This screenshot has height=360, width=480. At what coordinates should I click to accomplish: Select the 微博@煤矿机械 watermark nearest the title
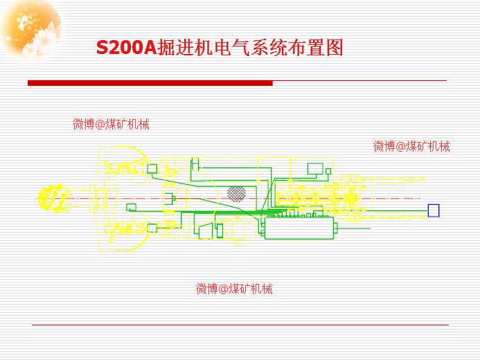coord(111,125)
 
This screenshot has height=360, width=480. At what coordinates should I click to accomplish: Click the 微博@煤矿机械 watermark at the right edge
coord(411,146)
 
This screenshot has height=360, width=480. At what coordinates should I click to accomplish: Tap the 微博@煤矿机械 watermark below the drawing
coord(234,289)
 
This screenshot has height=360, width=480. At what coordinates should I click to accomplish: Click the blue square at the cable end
coord(434,210)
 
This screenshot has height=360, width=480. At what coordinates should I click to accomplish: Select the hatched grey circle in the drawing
coord(236,193)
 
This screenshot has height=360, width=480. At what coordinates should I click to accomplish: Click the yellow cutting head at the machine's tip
coord(53,198)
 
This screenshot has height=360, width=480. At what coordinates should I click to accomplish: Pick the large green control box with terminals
coord(299,227)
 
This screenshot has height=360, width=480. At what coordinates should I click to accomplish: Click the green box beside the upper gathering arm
coord(152,168)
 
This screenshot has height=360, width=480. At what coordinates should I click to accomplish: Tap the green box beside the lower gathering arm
coord(152,228)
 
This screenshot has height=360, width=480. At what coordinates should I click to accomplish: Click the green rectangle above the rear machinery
coord(316,168)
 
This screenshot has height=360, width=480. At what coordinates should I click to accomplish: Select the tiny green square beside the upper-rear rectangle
coord(328,171)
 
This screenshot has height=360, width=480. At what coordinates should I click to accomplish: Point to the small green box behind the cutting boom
coord(131,207)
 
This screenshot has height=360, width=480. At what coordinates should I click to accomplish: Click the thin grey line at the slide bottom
coord(240,324)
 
